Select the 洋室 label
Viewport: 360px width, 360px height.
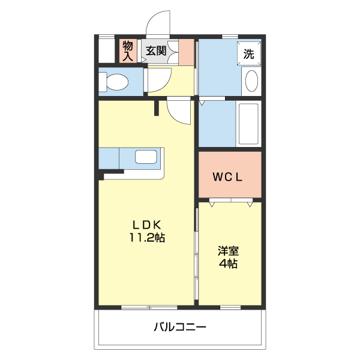pos(227,251)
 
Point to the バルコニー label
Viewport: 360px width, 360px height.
pos(180,327)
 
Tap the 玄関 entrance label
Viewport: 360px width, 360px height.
pos(156,51)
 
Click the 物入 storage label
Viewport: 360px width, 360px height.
pos(128,50)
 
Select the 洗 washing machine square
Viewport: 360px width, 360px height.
pos(248,52)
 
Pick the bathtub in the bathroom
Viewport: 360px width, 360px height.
pos(248,124)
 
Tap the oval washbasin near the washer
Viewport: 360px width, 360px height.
pos(251,81)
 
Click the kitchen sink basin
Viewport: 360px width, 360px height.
pos(146,157)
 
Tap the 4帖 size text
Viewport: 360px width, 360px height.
pos(227,264)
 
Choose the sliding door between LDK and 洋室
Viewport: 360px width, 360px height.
pos(196,252)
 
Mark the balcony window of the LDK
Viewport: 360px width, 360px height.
pos(146,307)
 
